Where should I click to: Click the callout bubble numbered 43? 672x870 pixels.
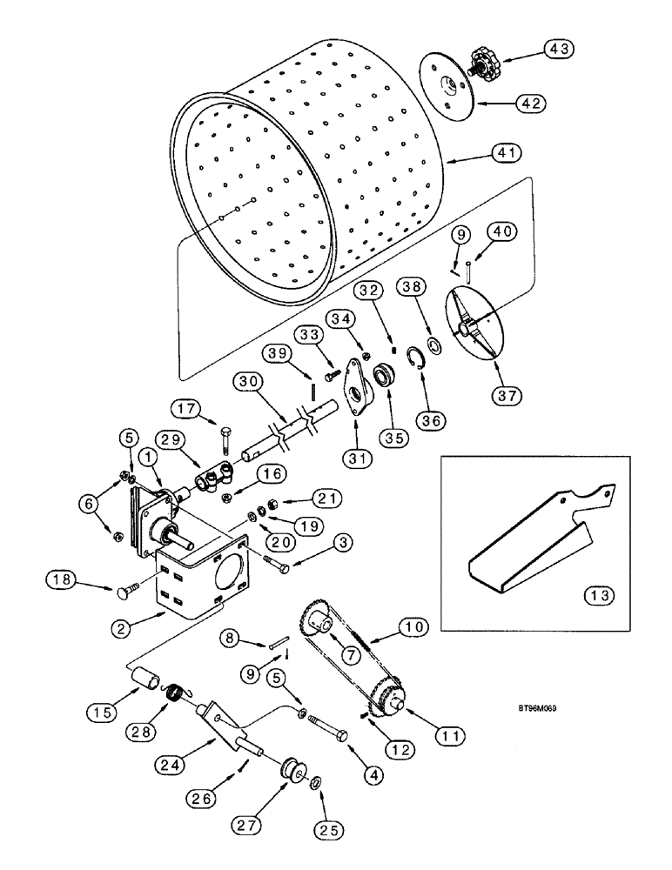pos(560,50)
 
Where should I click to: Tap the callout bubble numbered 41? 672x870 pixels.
pos(505,153)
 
